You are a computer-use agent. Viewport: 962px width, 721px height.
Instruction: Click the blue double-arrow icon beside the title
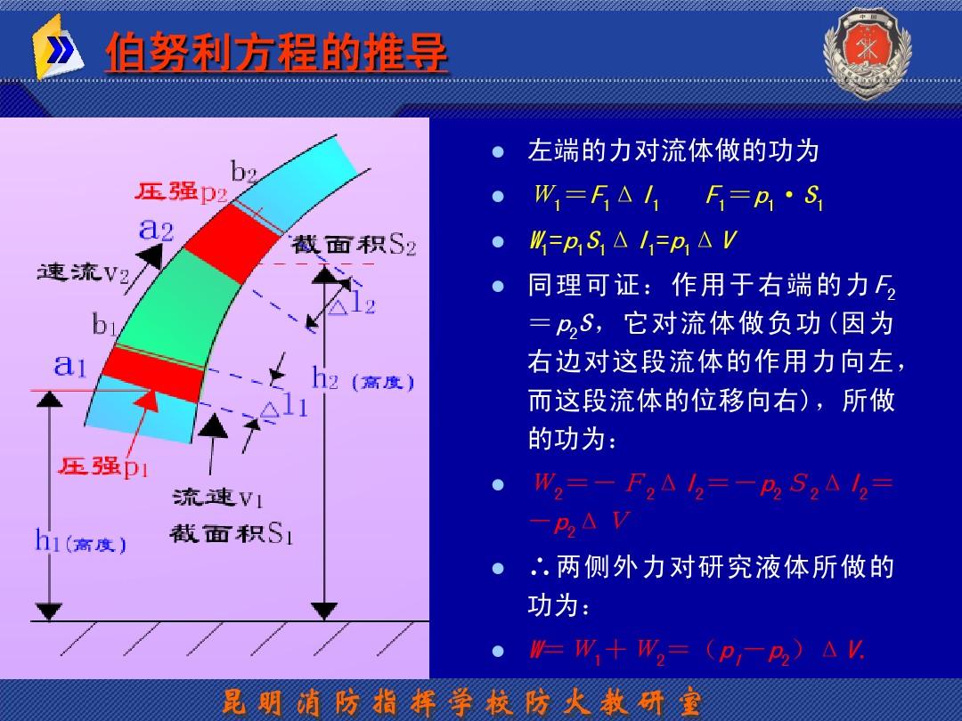tap(60, 53)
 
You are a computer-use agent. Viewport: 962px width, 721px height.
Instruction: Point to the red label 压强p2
tap(182, 192)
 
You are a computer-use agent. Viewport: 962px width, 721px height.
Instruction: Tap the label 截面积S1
tap(231, 534)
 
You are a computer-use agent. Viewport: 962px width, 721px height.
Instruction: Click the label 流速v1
tap(217, 496)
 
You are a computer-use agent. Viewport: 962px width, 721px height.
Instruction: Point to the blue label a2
tap(157, 229)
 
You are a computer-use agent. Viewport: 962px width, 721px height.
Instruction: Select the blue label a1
tap(70, 365)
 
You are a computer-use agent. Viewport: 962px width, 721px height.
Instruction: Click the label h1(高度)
tap(80, 541)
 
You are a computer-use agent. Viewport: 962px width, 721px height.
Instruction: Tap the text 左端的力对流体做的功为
tap(673, 150)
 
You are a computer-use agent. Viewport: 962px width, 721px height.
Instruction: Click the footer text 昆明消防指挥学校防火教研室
tap(462, 702)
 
